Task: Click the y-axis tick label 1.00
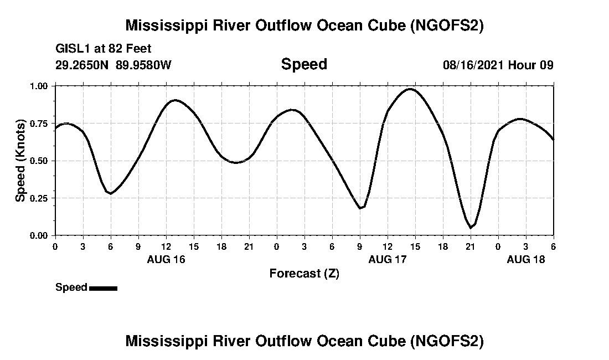[39, 86]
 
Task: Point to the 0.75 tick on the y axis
[39, 124]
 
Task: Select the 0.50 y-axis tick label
[39, 161]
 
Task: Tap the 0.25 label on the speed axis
[39, 198]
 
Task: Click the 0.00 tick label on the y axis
[39, 235]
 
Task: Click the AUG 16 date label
[166, 259]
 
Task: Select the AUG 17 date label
[388, 259]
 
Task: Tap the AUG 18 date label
[526, 259]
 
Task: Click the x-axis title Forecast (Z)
[304, 273]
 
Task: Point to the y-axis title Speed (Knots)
[20, 161]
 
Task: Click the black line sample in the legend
[103, 288]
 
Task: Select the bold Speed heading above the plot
[304, 64]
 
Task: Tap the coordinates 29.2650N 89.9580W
[113, 65]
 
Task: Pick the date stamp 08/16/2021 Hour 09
[498, 65]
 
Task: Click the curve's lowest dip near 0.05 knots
[471, 228]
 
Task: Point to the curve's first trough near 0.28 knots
[111, 193]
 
